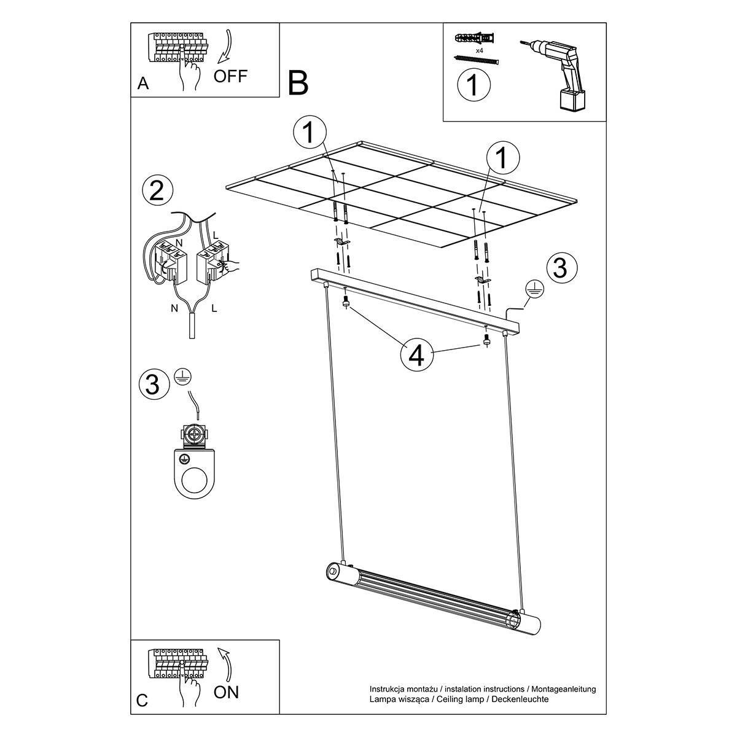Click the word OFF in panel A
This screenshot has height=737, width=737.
pos(230,76)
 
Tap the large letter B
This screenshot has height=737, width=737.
pos(298,83)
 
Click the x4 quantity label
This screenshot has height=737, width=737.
pos(480,50)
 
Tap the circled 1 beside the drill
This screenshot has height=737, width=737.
pos(474,85)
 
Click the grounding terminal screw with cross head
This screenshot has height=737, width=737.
pos(195,435)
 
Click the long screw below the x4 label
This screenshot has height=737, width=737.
pos(476,60)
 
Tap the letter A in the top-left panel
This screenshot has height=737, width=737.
pos(142,83)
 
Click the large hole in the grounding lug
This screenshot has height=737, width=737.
pos(195,482)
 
